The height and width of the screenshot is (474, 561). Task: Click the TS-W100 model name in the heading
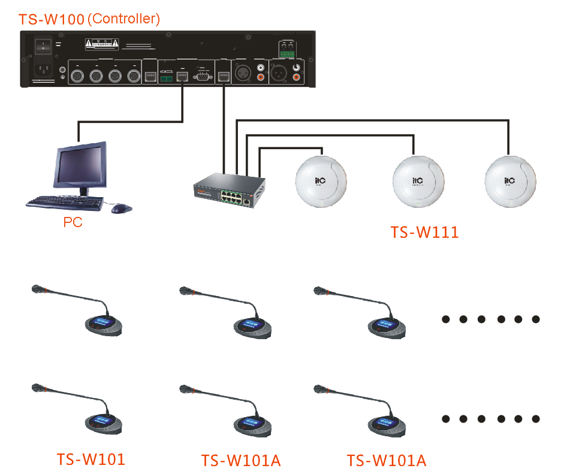[x=52, y=19]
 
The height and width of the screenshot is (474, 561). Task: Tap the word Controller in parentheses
[x=124, y=19]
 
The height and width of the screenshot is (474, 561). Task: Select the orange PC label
[x=73, y=223]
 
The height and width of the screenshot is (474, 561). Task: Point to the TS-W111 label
[x=424, y=232]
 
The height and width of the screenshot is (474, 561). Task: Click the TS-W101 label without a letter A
[x=91, y=460]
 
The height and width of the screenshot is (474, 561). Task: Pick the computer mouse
[x=121, y=209]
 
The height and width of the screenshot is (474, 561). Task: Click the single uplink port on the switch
[x=246, y=201]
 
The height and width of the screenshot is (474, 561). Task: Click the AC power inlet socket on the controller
[x=43, y=71]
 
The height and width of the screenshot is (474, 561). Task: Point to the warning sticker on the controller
[x=101, y=43]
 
